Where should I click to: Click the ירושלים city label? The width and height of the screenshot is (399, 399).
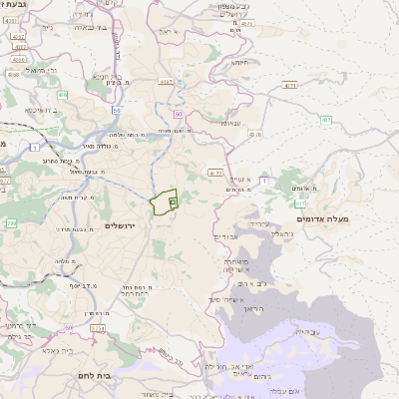coord(126,225)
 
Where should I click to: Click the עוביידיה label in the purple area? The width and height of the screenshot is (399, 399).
coord(308,330)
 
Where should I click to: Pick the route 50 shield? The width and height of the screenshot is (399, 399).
coord(117,110)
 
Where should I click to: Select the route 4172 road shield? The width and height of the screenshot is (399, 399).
coord(215,174)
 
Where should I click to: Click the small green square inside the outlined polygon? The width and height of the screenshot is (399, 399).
coord(174,201)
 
